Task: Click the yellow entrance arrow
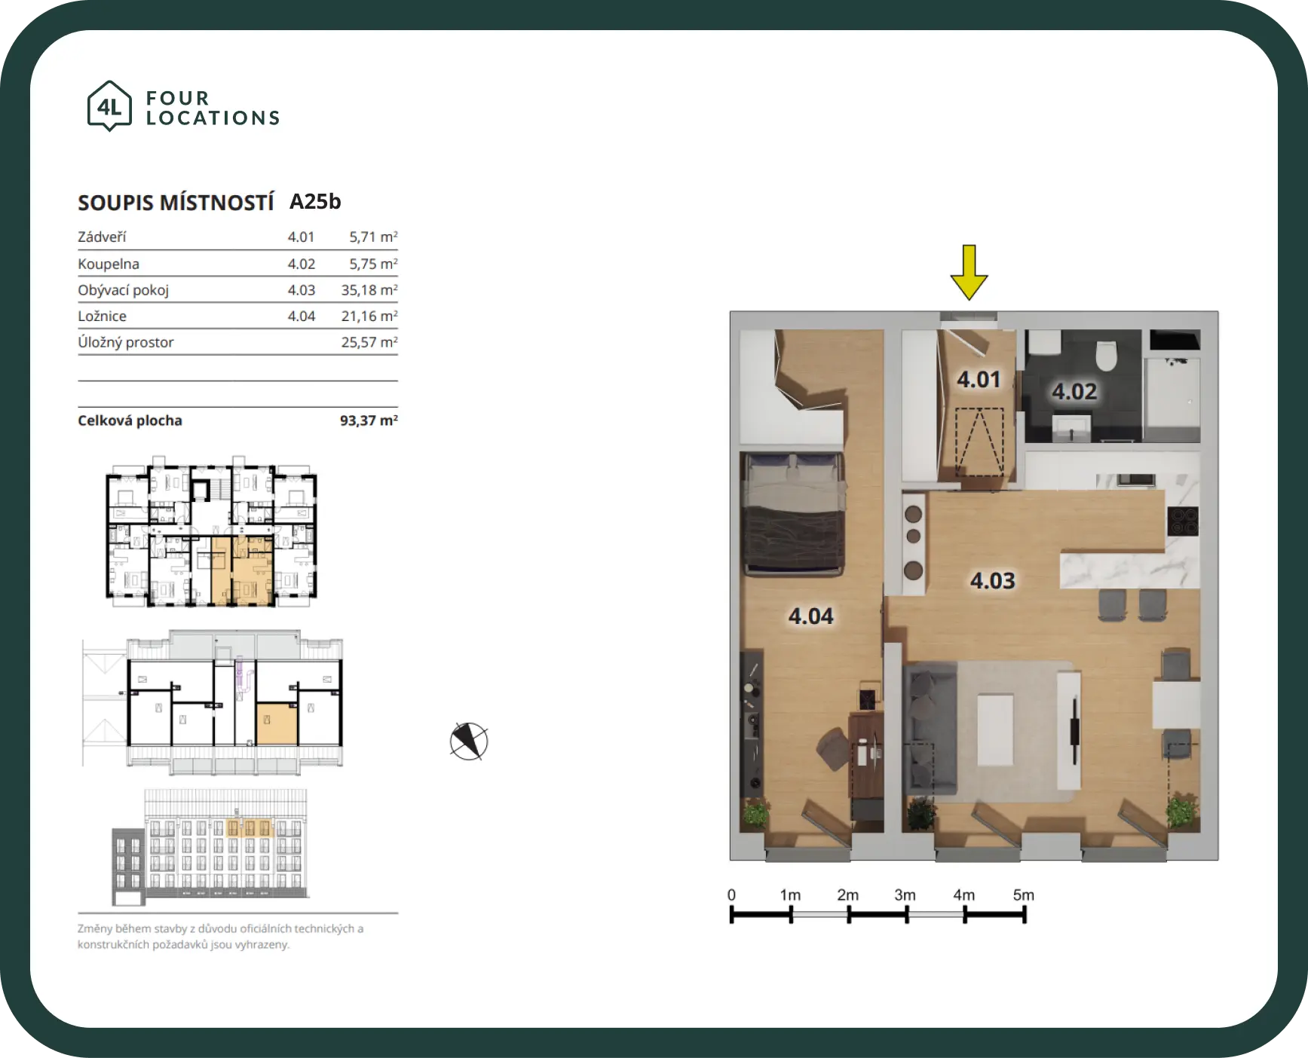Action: (x=970, y=272)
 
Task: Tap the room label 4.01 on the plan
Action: (x=979, y=379)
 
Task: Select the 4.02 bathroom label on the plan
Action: (x=1074, y=391)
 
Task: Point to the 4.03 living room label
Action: (x=992, y=580)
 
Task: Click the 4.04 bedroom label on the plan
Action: (x=810, y=616)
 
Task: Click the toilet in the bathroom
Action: (x=1106, y=355)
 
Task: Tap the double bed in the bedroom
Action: (x=793, y=514)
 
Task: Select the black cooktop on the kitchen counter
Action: (x=1182, y=521)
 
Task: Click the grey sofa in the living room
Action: (x=930, y=728)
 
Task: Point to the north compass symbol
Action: (x=469, y=742)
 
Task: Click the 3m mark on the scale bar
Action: (x=906, y=914)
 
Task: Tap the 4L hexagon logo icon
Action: (x=110, y=106)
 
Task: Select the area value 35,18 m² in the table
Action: (x=369, y=290)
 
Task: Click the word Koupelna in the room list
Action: (x=109, y=264)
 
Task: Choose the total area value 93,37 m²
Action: (x=369, y=420)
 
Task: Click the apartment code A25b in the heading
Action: (x=315, y=201)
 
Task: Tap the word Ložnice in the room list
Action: (x=102, y=316)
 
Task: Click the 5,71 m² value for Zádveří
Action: (x=373, y=237)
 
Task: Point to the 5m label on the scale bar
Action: (x=1023, y=894)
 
